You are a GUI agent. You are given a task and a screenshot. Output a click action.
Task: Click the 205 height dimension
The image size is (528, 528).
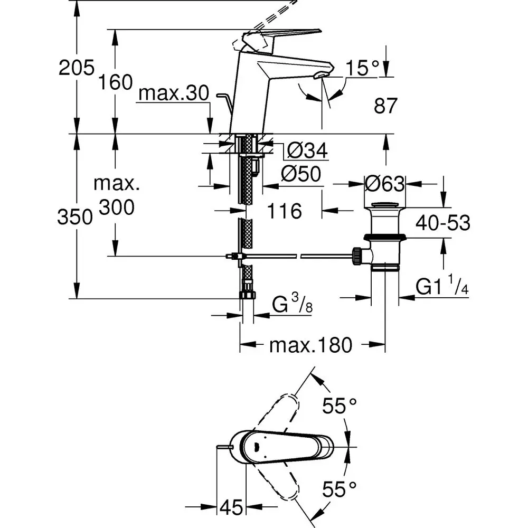pyautogui.click(x=77, y=68)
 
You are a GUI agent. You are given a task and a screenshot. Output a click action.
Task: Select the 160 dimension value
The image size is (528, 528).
pyautogui.click(x=116, y=82)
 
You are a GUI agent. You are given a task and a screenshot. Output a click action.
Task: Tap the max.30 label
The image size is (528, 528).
pyautogui.click(x=174, y=93)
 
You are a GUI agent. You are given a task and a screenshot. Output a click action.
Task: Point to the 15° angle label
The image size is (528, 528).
pyautogui.click(x=362, y=68)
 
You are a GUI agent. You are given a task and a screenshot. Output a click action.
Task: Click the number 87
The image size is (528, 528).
pyautogui.click(x=385, y=106)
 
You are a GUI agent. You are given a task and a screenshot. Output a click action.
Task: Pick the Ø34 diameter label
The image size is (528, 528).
pyautogui.click(x=307, y=150)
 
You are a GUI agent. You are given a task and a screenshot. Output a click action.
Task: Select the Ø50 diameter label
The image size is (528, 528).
pyautogui.click(x=301, y=174)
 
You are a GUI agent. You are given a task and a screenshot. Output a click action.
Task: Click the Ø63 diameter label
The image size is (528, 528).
pyautogui.click(x=384, y=184)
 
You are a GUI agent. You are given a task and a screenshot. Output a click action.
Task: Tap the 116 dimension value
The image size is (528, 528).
pyautogui.click(x=285, y=211)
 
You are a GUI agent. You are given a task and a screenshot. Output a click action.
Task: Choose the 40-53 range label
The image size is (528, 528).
pyautogui.click(x=443, y=223)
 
